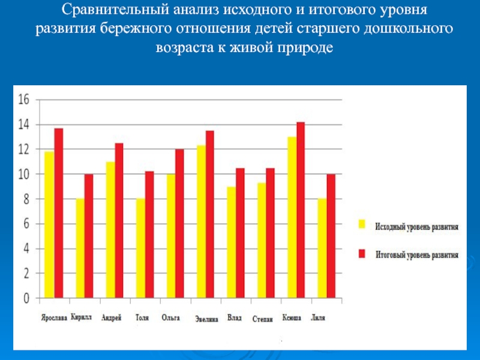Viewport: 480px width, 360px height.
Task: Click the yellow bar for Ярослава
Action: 49,225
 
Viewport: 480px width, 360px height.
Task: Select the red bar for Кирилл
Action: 89,236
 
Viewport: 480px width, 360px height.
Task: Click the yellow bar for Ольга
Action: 171,236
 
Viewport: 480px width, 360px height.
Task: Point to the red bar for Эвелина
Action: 209,214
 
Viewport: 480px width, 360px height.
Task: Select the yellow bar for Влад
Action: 231,242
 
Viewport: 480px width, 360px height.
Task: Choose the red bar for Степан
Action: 270,233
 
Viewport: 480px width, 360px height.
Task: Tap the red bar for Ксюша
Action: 301,210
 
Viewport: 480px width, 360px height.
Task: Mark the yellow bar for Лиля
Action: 322,248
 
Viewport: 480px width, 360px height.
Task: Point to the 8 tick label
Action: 25,199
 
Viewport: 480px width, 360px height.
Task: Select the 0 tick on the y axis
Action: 25,298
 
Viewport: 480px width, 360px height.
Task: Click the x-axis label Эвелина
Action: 206,319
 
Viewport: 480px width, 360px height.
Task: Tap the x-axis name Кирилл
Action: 81,317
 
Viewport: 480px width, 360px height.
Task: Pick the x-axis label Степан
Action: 263,319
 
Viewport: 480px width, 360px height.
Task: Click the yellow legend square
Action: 362,224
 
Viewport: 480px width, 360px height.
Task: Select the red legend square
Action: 362,254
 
